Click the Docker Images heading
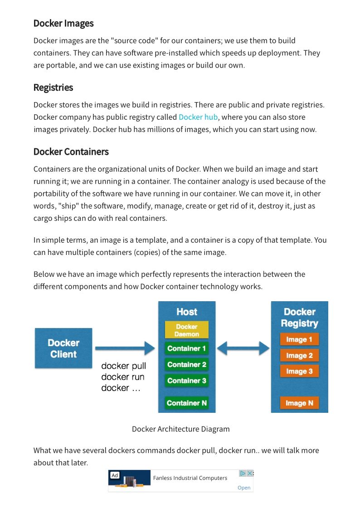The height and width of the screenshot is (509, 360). click(63, 23)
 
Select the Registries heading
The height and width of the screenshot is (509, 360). click(53, 87)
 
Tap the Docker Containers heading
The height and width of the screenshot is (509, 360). click(71, 152)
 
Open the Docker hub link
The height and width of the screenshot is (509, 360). click(198, 117)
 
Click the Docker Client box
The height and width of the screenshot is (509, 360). click(63, 348)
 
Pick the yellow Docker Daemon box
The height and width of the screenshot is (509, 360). click(187, 330)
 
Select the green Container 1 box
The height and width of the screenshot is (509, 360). click(187, 348)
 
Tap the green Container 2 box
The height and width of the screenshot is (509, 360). click(187, 365)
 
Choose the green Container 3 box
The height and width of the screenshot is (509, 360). click(187, 381)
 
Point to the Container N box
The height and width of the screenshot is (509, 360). click(187, 403)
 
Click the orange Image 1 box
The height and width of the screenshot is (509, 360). click(299, 339)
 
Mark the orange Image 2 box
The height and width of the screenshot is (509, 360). click(299, 356)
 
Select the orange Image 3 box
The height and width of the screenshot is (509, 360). click(299, 371)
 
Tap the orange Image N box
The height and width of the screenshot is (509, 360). click(299, 403)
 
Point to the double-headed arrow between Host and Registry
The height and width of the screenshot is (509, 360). click(243, 348)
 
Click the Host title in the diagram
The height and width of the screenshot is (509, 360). click(187, 312)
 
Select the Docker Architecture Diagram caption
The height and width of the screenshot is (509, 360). click(180, 429)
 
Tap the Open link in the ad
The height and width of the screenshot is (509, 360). click(244, 488)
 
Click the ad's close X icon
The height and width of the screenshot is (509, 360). click(249, 473)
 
